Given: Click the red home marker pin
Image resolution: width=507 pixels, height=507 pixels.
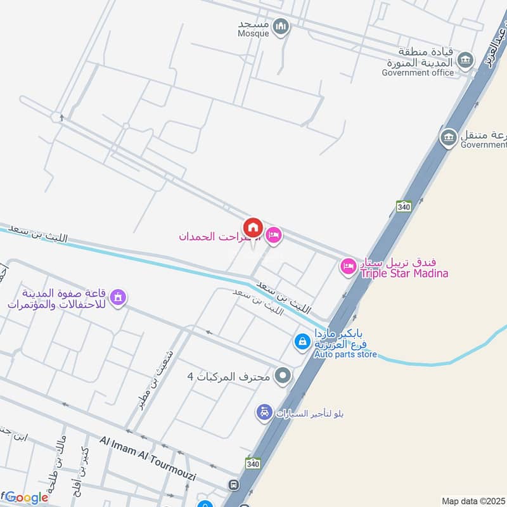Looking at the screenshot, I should tap(253, 228).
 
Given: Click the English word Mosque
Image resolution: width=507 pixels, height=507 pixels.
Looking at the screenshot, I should tap(253, 34).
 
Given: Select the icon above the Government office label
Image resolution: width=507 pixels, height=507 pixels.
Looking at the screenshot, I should tap(466, 60).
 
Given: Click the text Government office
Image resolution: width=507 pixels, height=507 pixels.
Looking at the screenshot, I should tap(418, 72).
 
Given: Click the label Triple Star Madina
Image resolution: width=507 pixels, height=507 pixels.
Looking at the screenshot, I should tap(404, 274).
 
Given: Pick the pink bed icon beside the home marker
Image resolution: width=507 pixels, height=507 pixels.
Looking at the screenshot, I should tap(273, 236).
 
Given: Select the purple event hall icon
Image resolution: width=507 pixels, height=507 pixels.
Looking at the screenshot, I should tap(118, 296).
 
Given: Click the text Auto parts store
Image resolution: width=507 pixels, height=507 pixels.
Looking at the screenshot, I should tap(345, 356).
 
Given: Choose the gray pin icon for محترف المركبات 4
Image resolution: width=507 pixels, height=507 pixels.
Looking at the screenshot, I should tap(283, 376).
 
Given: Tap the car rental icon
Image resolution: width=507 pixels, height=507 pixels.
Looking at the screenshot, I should tap(264, 413).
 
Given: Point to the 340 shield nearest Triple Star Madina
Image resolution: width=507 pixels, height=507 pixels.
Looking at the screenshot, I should tap(404, 207).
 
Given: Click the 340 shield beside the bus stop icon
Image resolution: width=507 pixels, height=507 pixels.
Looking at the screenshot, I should tap(253, 463).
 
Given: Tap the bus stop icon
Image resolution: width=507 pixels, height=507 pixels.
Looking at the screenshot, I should tap(234, 485).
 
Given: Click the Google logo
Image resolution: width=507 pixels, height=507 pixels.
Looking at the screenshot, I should tap(25, 497).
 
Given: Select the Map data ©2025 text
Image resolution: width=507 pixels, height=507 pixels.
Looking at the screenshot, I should tap(472, 501).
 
